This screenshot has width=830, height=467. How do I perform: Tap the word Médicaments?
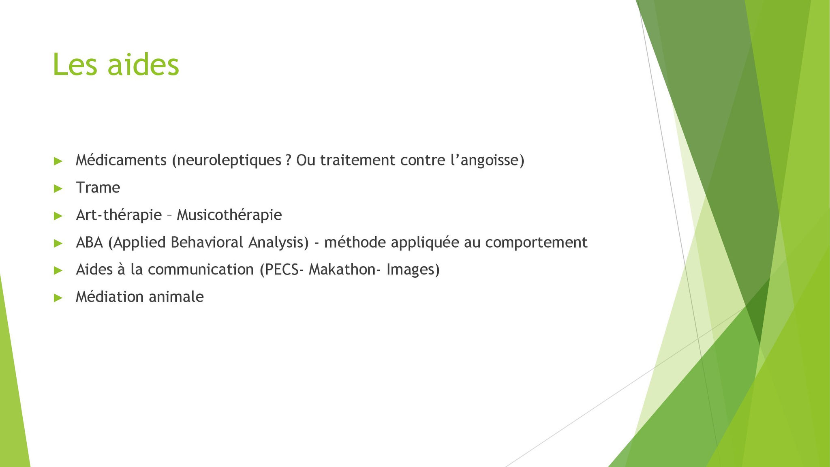[x=121, y=160]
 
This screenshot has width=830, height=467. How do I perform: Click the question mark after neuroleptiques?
[x=288, y=161]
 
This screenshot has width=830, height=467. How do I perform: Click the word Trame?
[x=98, y=188]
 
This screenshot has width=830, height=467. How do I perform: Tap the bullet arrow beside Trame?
[x=58, y=189]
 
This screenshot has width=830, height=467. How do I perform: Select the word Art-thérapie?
[x=119, y=215]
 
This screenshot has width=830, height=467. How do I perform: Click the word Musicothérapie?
[x=229, y=215]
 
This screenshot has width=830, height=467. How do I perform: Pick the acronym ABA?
[x=90, y=242]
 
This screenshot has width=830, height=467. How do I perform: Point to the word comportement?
[x=536, y=243]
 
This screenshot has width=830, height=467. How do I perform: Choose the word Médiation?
[x=110, y=297]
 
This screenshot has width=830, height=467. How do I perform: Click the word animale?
[x=176, y=297]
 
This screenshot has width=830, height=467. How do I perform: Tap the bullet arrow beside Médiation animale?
[x=58, y=298]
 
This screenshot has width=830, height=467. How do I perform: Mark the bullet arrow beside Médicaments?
[x=58, y=161]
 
